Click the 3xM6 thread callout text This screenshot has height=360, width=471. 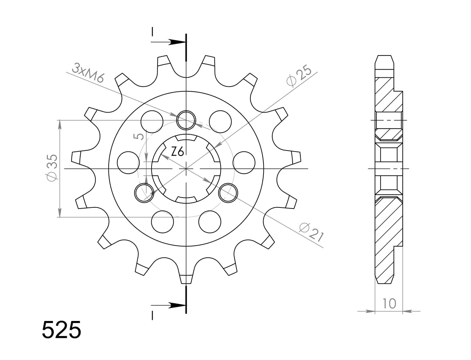click(x=88, y=73)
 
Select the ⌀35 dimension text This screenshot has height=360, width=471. click(x=52, y=168)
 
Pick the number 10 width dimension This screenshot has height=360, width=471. click(x=389, y=304)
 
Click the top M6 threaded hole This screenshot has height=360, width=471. click(x=186, y=120)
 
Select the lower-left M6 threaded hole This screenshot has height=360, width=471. click(x=144, y=193)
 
